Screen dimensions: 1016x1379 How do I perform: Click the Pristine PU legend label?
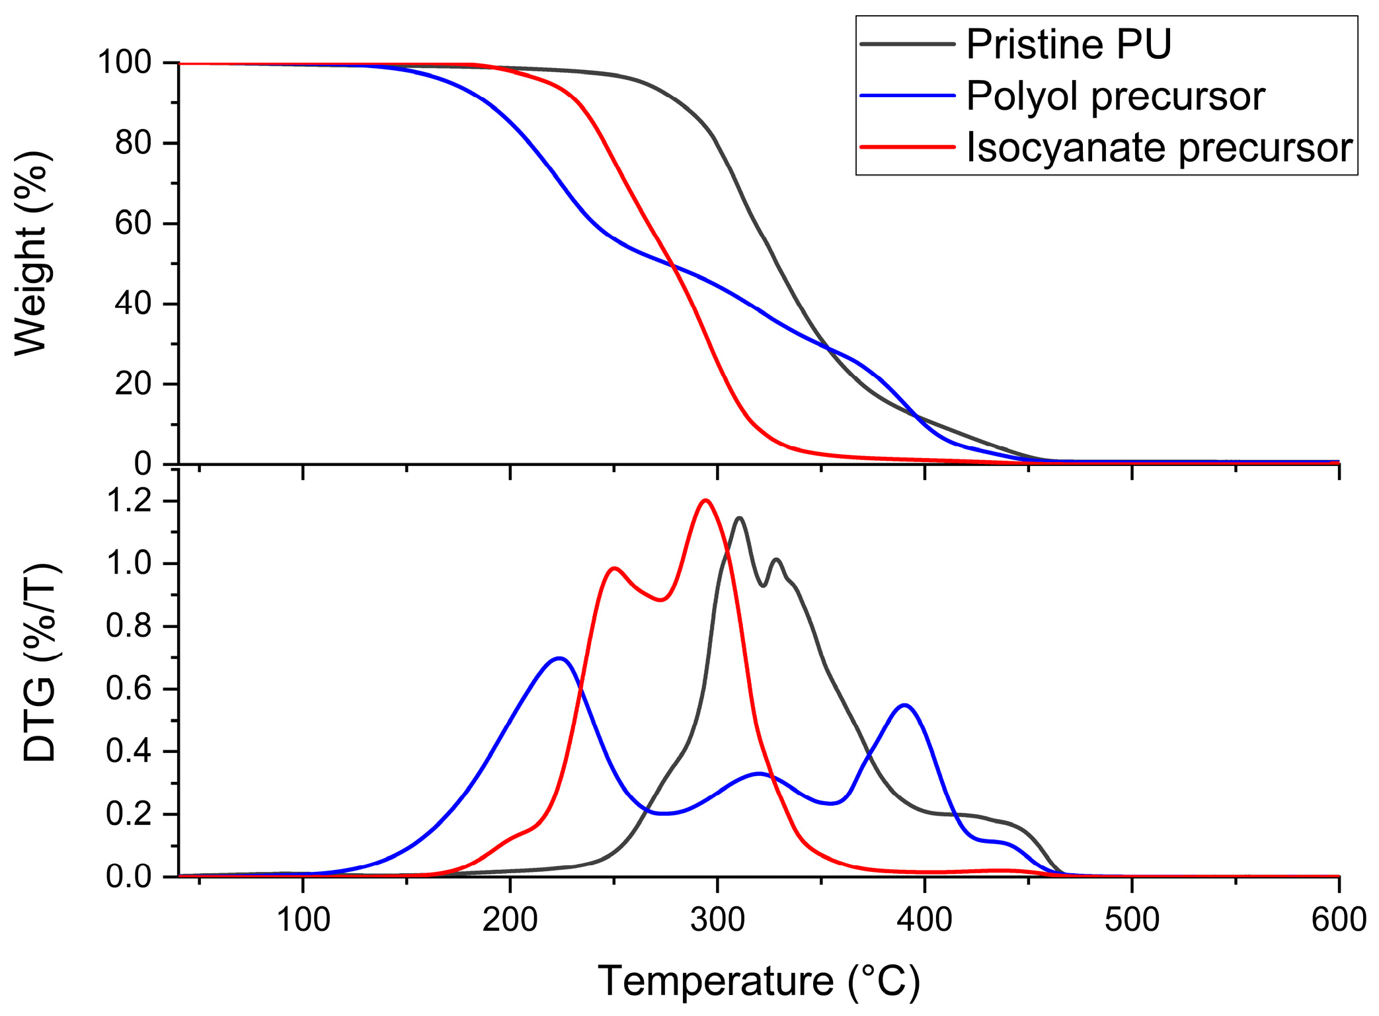(1068, 45)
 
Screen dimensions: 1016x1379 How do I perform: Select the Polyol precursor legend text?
(1115, 97)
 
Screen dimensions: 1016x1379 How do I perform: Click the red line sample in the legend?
(908, 147)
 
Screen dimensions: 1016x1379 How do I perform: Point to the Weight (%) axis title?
(32, 253)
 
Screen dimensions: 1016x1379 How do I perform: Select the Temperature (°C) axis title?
(759, 981)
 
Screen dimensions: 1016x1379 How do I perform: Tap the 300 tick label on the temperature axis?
(717, 919)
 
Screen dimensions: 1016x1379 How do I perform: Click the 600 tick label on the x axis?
(1338, 919)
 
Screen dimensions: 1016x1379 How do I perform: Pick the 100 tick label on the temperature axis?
(303, 919)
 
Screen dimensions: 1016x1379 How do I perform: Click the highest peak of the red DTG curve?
(706, 500)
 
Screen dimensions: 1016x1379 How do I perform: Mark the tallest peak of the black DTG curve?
(739, 518)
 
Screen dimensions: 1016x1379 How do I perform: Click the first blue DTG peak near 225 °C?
(559, 658)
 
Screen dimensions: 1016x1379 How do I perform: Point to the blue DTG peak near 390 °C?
(904, 705)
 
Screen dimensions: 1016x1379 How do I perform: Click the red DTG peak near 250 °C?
(615, 568)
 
